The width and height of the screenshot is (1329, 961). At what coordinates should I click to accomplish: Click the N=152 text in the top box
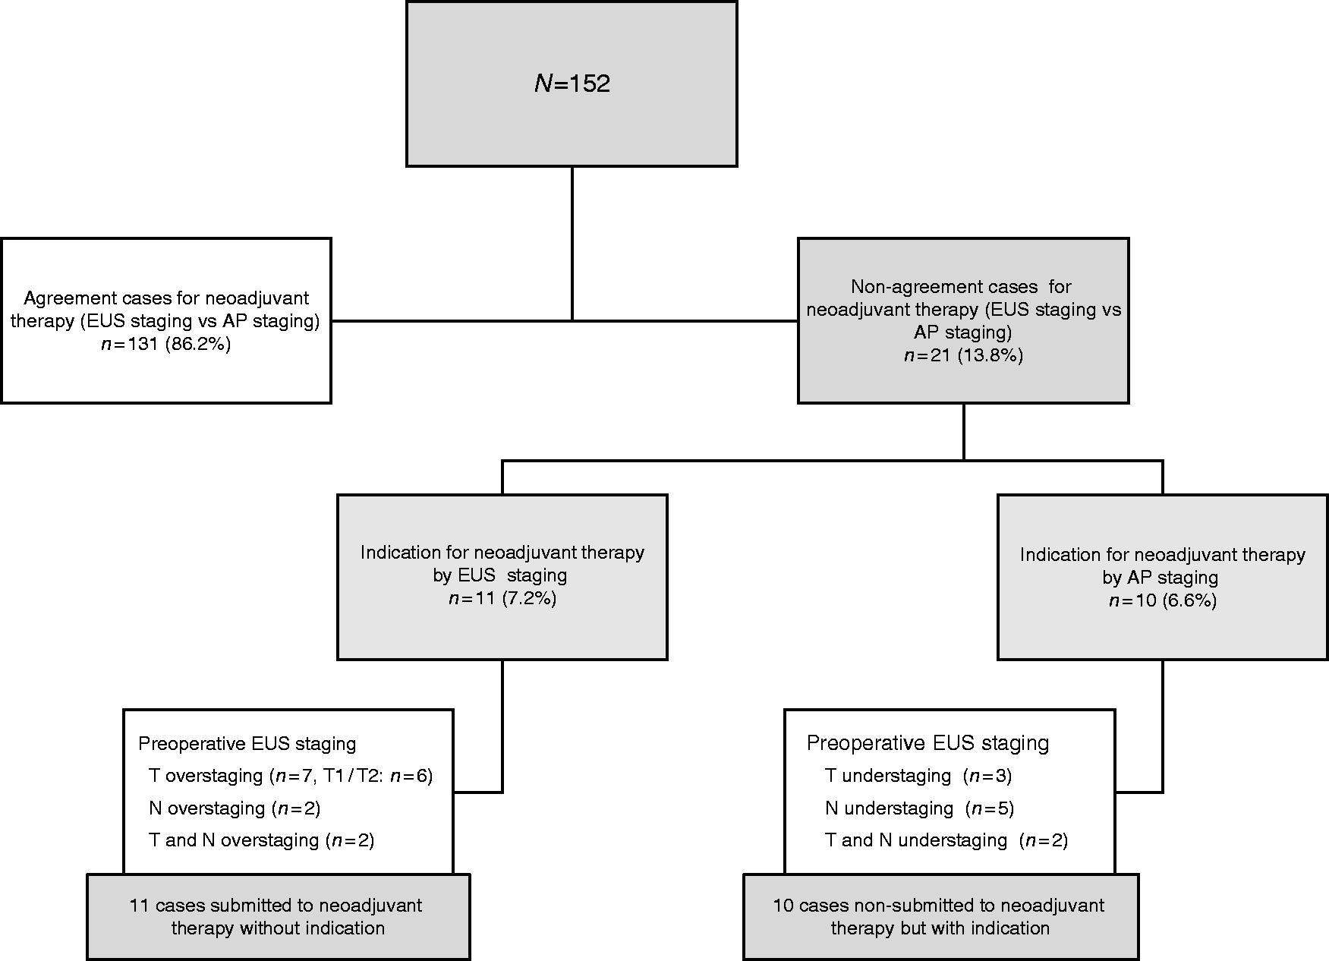(572, 83)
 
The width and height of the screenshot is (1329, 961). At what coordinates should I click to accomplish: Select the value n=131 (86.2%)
(166, 344)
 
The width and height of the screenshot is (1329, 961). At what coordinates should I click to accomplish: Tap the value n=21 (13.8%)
(963, 355)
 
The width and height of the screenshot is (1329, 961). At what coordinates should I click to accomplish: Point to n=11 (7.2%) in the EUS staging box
(502, 598)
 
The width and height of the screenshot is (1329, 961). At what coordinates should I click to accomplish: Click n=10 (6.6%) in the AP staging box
(1163, 600)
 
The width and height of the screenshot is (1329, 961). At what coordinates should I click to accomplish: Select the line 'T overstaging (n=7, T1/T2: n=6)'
(291, 776)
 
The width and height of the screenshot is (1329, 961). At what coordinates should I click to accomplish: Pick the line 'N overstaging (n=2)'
(235, 808)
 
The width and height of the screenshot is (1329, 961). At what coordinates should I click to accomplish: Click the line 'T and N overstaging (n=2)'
(262, 840)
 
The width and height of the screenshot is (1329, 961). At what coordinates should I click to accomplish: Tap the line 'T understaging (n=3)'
(918, 776)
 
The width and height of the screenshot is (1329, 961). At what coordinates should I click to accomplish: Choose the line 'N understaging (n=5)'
(919, 808)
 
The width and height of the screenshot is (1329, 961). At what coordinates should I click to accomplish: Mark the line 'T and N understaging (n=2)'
(946, 840)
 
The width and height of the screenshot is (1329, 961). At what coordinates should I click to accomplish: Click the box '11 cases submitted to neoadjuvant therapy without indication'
(278, 917)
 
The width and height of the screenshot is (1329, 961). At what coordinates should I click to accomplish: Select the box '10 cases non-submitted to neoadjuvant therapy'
(940, 917)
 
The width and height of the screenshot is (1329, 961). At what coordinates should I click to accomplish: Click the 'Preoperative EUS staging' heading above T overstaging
(247, 743)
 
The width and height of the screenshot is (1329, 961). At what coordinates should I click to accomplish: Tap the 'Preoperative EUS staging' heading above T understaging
(927, 742)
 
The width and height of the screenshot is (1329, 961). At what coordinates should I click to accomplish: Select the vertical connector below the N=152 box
(572, 243)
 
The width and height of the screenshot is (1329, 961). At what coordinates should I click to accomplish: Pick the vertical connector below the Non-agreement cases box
(964, 431)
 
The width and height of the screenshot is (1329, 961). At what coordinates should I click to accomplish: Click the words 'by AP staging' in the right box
(1161, 578)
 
